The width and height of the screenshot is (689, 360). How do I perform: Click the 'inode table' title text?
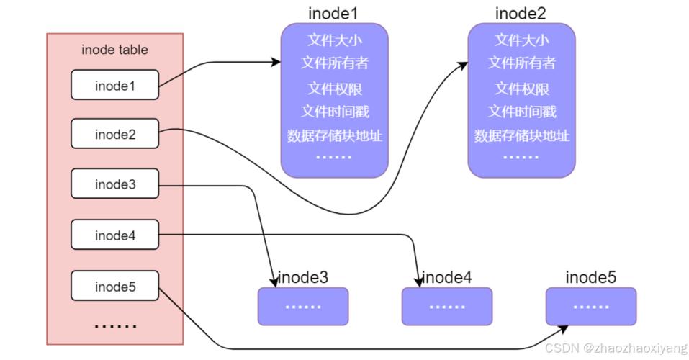(x=115, y=50)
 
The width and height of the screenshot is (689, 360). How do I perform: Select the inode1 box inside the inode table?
(x=115, y=86)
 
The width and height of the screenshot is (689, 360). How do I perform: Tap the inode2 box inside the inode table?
(x=115, y=135)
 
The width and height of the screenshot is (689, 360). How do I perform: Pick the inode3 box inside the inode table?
(x=115, y=184)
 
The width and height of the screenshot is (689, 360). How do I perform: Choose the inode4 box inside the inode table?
(x=115, y=235)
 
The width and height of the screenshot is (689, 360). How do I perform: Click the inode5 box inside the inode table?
(x=115, y=287)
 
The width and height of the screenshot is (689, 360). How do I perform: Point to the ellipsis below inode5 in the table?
(x=115, y=326)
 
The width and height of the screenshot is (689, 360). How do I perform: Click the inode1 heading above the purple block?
(x=333, y=13)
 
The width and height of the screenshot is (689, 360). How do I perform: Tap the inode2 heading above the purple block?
(x=521, y=13)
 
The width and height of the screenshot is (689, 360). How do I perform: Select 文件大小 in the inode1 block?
(x=334, y=39)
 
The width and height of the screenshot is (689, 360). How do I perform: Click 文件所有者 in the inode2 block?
(x=522, y=63)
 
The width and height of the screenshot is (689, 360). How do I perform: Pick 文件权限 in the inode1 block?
(x=334, y=88)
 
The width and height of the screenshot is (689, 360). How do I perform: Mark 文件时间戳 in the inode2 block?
(x=522, y=112)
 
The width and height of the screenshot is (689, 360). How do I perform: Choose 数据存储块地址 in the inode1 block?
(x=334, y=135)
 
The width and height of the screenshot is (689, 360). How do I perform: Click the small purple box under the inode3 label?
(x=303, y=306)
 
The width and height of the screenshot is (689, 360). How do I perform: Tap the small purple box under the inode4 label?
(x=447, y=306)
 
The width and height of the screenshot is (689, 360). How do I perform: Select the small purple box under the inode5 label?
(x=591, y=306)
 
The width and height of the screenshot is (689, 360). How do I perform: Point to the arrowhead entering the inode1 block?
(x=276, y=63)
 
